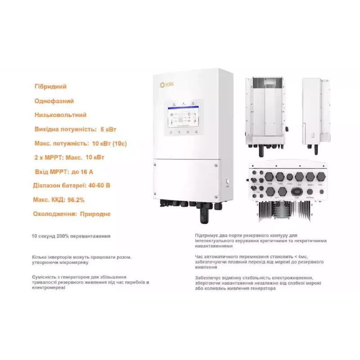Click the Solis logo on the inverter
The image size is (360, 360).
(166, 85)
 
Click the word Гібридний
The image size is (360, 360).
(50, 86)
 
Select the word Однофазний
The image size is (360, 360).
(54, 101)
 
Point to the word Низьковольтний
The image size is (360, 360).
(60, 115)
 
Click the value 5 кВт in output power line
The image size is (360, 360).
(108, 129)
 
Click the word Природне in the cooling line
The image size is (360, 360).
(95, 214)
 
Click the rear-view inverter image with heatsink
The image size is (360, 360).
(265, 113)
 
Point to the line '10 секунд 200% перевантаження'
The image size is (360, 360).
(71, 236)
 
